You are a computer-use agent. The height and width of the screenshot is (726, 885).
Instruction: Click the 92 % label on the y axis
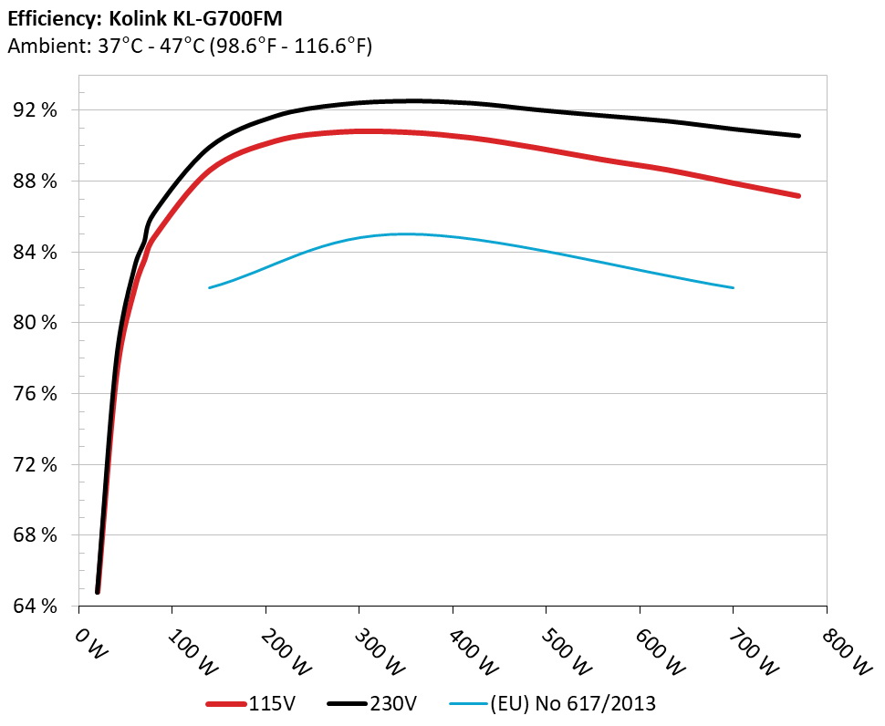coord(36,110)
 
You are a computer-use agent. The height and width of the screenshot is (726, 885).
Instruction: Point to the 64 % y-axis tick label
coord(36,607)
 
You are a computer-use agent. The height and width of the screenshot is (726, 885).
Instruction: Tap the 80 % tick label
coord(36,323)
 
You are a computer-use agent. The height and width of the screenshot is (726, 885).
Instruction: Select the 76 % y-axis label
coord(36,394)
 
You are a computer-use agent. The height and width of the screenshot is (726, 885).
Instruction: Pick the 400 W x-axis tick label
coord(472,654)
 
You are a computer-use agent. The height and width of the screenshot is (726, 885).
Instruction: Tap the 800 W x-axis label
coord(846,654)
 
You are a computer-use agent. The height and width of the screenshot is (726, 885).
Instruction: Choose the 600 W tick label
coord(659,654)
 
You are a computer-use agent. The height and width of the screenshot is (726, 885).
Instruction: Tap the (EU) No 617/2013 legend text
coord(572,703)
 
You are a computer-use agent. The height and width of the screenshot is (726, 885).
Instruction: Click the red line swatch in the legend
coord(226,703)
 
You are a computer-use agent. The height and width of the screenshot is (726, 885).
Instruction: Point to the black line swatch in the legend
coord(348,703)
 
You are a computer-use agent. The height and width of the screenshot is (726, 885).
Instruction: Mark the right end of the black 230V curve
coord(799,136)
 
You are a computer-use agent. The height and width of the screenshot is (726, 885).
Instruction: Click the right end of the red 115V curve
coord(799,196)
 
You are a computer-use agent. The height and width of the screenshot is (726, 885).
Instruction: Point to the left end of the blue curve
coord(210,287)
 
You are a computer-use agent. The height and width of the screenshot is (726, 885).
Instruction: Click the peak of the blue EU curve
coord(406,233)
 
